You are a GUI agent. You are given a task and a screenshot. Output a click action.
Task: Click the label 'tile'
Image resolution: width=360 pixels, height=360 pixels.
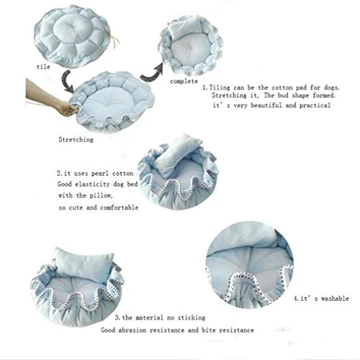43,67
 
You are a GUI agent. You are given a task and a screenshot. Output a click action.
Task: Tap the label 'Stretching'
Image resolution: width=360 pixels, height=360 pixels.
76,140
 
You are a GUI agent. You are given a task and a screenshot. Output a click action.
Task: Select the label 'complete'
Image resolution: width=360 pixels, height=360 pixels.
184,81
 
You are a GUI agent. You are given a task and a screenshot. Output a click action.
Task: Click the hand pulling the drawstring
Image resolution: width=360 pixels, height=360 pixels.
52,99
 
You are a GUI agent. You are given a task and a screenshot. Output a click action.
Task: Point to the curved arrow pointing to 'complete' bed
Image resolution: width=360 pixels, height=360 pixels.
152,73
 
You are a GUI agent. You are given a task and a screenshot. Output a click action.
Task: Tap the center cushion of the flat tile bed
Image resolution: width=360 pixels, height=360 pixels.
71,28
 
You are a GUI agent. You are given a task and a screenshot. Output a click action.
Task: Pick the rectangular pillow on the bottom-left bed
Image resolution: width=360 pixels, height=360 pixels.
83,264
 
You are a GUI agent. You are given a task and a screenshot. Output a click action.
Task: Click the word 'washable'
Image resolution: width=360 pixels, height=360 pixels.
335,299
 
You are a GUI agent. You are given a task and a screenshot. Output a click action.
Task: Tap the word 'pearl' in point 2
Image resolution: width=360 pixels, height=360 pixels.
100,174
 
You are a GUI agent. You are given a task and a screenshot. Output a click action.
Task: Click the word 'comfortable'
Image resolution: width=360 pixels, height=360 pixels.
119,207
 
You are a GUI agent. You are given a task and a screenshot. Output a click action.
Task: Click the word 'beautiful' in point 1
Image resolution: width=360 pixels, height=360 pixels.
266,105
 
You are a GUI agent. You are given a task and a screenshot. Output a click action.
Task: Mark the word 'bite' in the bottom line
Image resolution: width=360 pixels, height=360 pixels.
208,330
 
